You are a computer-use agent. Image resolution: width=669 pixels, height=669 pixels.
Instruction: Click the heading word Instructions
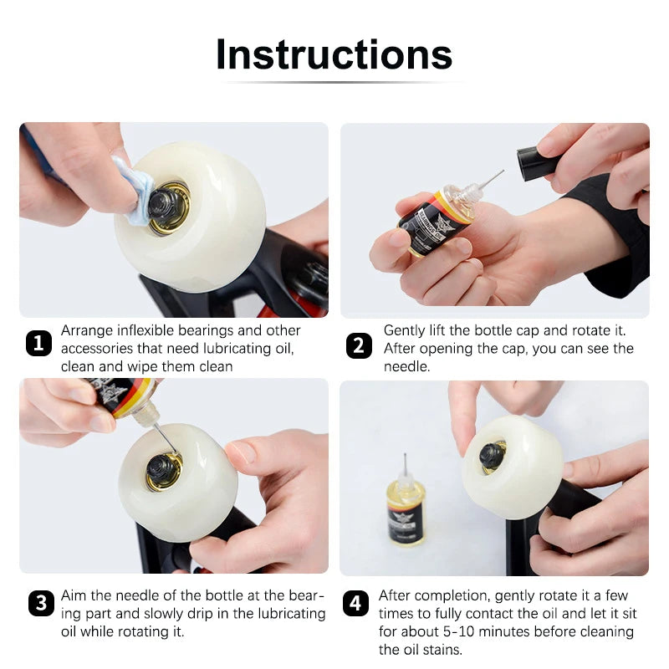click(334, 54)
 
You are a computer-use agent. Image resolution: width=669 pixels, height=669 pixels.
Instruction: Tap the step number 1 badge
click(38, 344)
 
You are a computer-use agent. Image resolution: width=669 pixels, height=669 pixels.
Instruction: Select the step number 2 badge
click(359, 345)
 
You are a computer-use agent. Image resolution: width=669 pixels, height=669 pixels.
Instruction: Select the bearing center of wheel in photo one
click(166, 203)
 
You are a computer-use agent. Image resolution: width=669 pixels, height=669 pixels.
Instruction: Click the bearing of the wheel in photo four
click(492, 455)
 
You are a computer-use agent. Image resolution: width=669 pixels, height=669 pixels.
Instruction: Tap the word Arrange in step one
click(84, 331)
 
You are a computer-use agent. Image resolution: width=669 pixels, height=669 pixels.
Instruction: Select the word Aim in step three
click(74, 596)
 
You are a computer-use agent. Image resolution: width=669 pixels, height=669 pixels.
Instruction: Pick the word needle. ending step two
click(406, 367)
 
